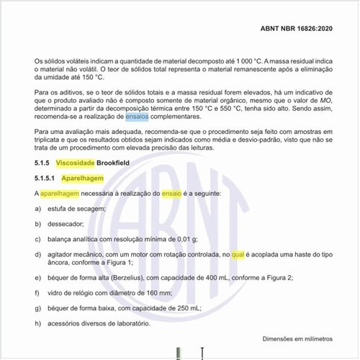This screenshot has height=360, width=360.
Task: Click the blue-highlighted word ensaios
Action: (x=136, y=115)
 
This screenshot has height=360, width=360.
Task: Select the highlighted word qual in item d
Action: (x=239, y=254)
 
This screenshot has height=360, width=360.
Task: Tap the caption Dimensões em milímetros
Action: (x=297, y=339)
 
